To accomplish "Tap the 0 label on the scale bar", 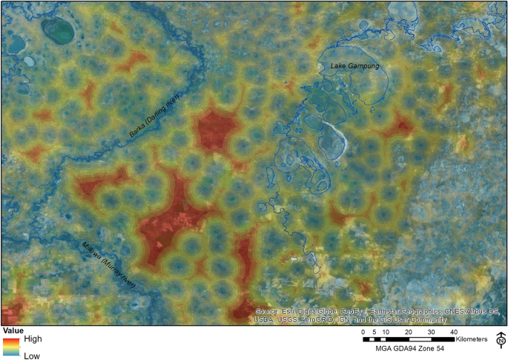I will pyautogui.click(x=363, y=331).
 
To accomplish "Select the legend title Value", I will pyautogui.click(x=13, y=330).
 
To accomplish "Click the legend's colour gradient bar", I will pyautogui.click(x=11, y=346).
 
